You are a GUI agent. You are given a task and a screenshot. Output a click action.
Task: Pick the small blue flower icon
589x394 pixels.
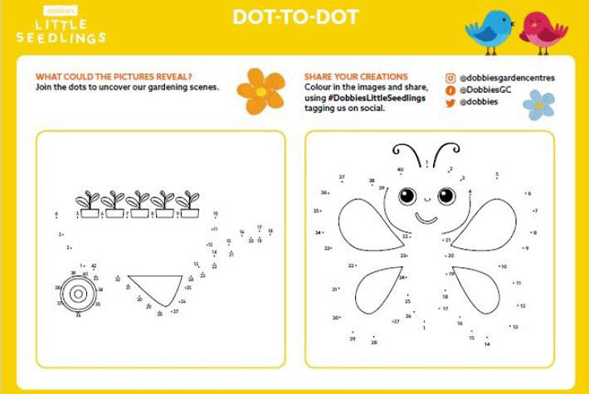[x=538, y=105]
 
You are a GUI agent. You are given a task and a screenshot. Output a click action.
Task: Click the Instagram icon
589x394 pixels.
[x=450, y=78]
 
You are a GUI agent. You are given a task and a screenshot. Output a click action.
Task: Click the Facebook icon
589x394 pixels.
[x=450, y=90]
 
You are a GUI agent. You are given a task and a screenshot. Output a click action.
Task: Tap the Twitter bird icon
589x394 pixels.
[x=450, y=102]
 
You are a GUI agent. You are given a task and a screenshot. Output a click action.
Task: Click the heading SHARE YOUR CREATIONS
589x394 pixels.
[x=356, y=76]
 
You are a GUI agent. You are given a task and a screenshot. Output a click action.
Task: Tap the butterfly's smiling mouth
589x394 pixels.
[x=426, y=217]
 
